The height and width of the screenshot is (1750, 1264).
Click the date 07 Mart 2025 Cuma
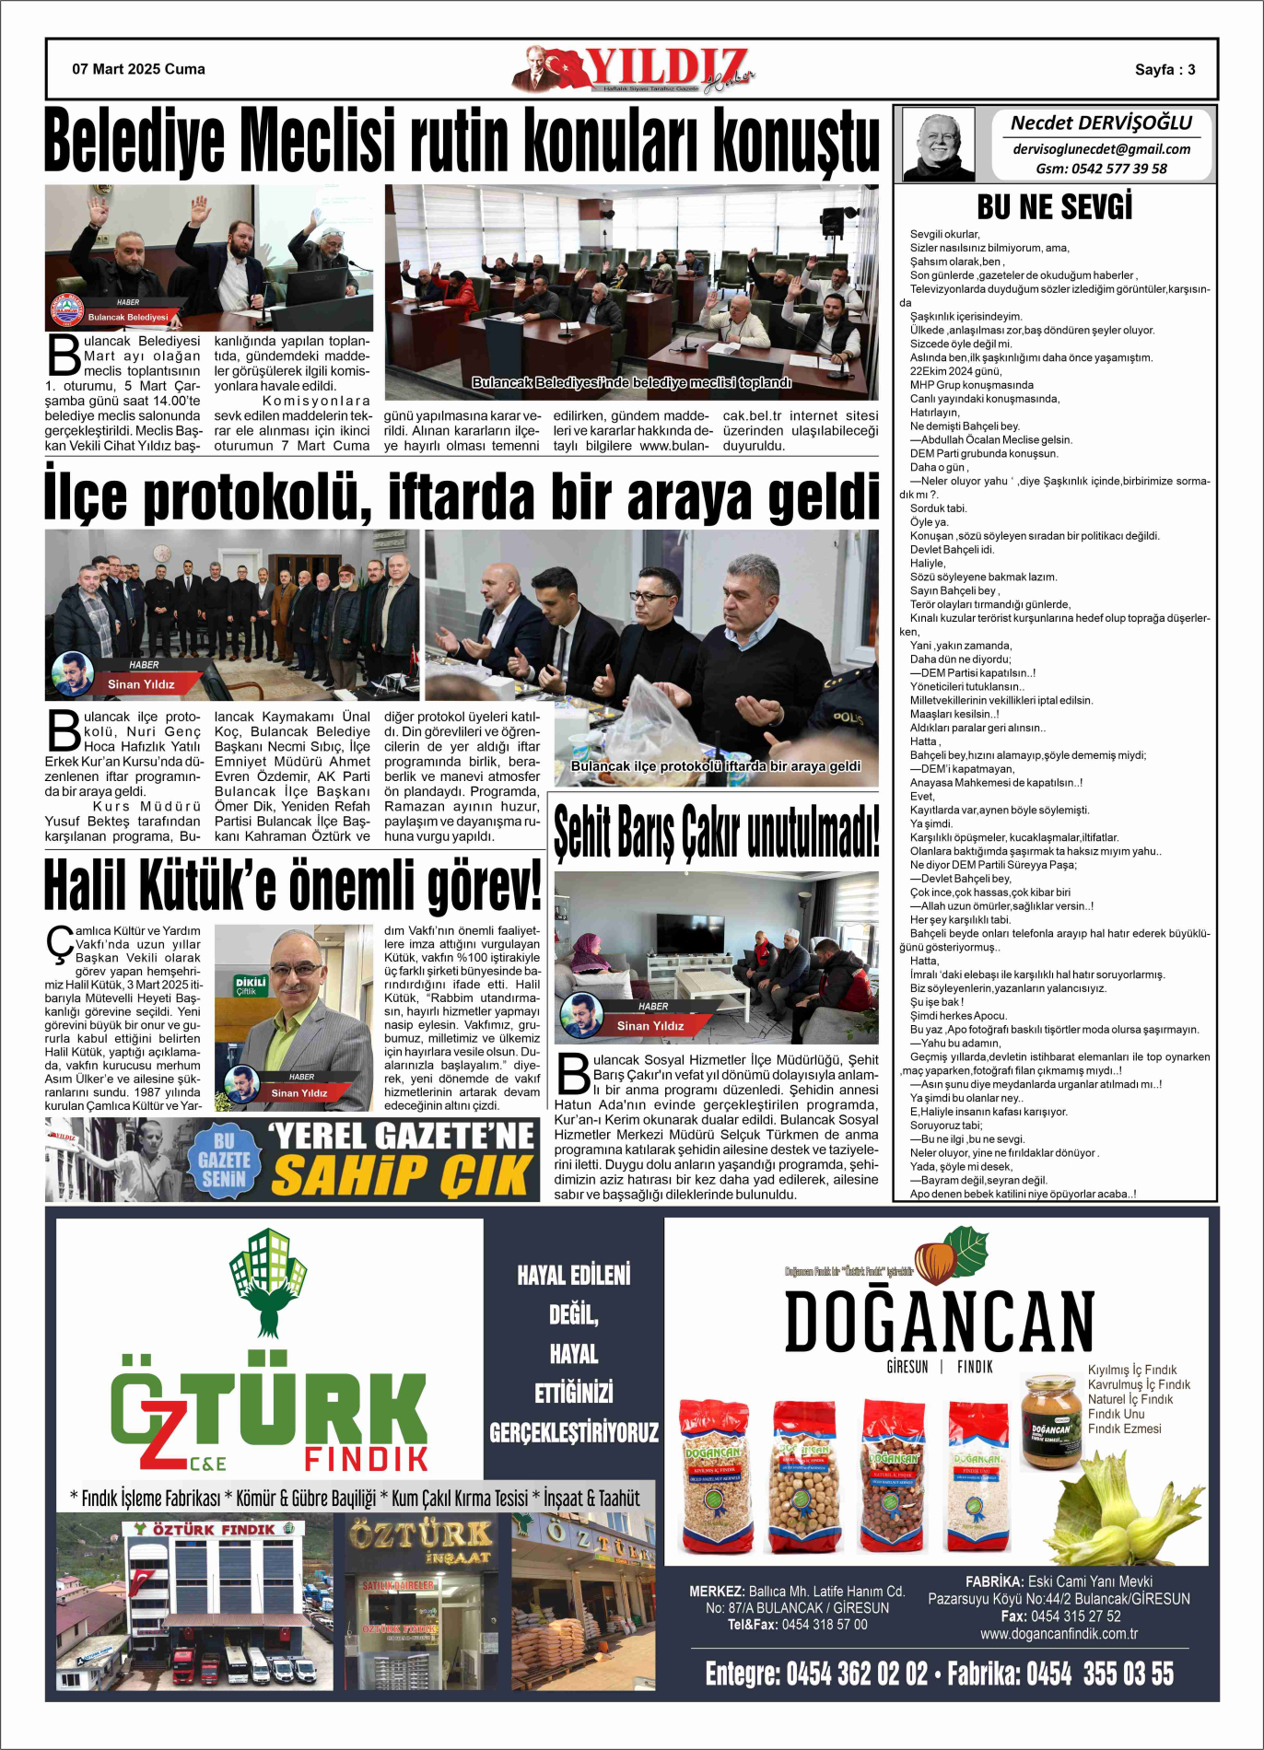(x=138, y=69)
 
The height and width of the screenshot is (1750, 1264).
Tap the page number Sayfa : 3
(x=1165, y=70)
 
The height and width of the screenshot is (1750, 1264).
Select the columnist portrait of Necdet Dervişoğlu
(x=938, y=146)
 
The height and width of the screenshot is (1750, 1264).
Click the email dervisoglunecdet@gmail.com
(x=1101, y=149)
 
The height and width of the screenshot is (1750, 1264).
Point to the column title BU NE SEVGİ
(x=1054, y=207)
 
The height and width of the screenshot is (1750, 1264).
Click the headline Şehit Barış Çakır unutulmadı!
(x=716, y=831)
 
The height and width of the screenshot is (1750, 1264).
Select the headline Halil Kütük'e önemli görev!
(x=292, y=885)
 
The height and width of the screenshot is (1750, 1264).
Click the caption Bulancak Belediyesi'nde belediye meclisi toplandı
(x=631, y=382)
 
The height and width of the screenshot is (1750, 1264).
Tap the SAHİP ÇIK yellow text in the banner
(x=403, y=1175)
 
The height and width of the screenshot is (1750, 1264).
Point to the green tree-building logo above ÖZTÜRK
(x=268, y=1280)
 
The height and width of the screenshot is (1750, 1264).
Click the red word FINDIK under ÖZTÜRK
(x=366, y=1459)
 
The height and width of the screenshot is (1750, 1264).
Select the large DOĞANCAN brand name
(x=939, y=1322)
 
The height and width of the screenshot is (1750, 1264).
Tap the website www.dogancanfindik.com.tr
(x=1058, y=1633)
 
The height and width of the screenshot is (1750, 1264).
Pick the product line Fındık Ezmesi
(x=1124, y=1429)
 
